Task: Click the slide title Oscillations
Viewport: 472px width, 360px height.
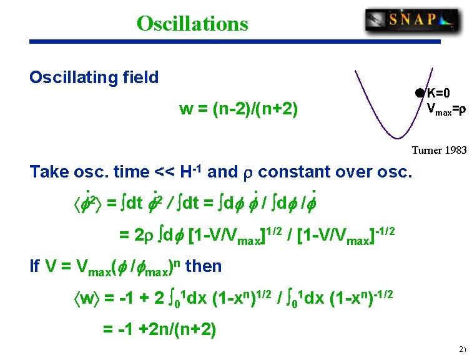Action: click(x=192, y=23)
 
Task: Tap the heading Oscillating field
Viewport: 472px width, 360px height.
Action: click(x=94, y=77)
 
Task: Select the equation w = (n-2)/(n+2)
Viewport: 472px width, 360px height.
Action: click(x=238, y=109)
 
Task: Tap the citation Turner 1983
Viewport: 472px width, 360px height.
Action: click(x=438, y=150)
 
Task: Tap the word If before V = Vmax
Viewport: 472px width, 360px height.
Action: click(x=34, y=266)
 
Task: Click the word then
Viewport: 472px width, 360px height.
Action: click(x=204, y=266)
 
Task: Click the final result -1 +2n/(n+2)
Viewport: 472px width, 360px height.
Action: click(x=159, y=329)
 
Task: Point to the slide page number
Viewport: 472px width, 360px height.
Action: click(x=462, y=349)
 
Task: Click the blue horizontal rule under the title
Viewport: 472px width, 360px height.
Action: click(x=235, y=42)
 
